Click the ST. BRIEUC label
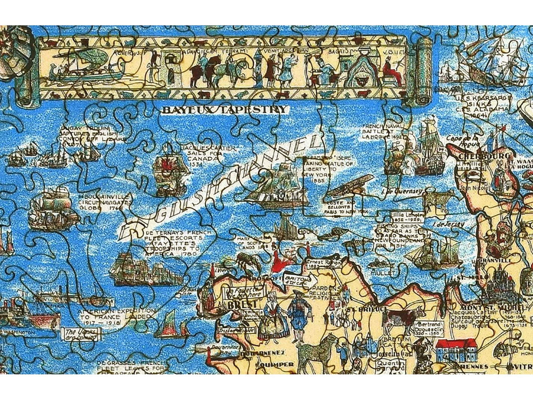tap(365, 310)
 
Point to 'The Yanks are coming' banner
tap(81, 334)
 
